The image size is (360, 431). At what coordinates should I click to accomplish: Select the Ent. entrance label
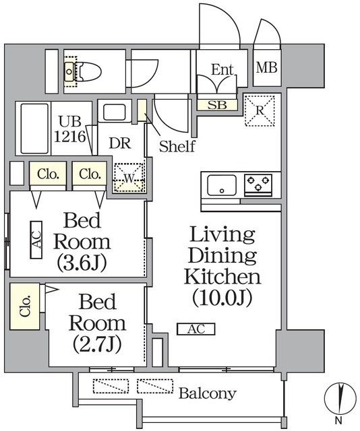(222, 69)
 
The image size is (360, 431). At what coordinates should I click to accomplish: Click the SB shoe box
(217, 104)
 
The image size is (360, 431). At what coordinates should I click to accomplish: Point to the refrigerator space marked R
(260, 108)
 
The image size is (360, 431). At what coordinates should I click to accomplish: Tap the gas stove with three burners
(258, 182)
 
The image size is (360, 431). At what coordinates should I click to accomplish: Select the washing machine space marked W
(129, 178)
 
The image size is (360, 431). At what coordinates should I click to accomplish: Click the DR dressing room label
(119, 143)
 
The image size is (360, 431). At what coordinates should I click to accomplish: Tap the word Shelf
(177, 145)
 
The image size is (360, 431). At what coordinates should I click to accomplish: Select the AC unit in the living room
(196, 329)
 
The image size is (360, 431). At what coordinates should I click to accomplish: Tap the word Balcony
(207, 393)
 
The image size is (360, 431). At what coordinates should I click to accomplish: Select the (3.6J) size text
(82, 261)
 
